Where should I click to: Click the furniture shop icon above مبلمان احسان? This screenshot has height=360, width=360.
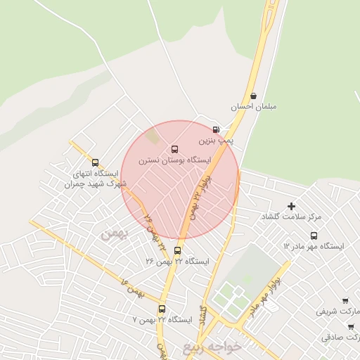tap(253, 96)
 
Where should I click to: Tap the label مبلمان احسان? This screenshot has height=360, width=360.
tap(254, 107)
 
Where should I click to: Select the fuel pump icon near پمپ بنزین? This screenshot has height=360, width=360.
tap(215, 129)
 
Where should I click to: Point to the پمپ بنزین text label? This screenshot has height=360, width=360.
tap(215, 141)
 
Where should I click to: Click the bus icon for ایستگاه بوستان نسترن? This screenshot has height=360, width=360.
tap(175, 149)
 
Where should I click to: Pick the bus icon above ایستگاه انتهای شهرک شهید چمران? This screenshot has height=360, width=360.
tap(95, 162)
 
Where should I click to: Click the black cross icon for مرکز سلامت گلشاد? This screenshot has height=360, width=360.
tap(292, 206)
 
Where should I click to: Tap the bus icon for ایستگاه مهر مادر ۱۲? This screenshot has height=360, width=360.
tap(314, 236)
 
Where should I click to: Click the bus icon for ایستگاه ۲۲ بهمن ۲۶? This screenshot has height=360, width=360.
tap(177, 250)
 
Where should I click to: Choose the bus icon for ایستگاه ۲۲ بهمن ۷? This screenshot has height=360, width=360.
tap(162, 309)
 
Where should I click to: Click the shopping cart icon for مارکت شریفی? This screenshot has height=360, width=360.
tap(351, 300)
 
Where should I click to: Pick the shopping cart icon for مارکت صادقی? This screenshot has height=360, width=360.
tap(351, 327)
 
